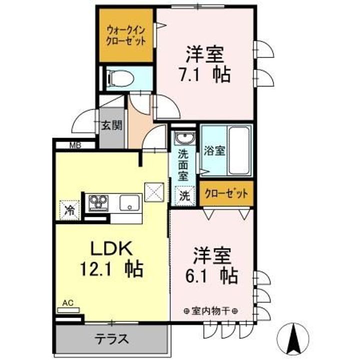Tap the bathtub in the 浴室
(x=239, y=150)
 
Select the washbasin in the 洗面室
(x=185, y=138)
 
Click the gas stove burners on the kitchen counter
(x=98, y=202)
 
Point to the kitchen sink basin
(x=129, y=202)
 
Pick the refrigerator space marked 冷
(x=69, y=210)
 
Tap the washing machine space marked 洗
(x=185, y=196)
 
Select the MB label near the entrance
(x=75, y=145)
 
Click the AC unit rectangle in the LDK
(x=68, y=310)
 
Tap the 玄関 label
(x=112, y=125)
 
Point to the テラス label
(x=112, y=339)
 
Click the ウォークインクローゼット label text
(x=126, y=36)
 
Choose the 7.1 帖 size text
(x=205, y=75)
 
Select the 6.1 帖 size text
(x=211, y=275)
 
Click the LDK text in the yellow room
(x=112, y=248)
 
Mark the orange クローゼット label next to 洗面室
(x=226, y=193)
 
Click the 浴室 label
(x=214, y=151)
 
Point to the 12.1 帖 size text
(x=111, y=269)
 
